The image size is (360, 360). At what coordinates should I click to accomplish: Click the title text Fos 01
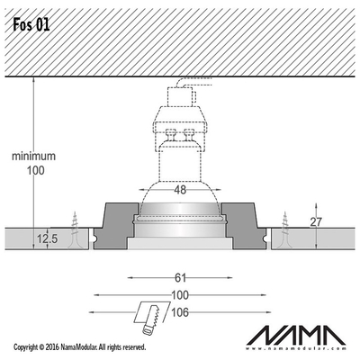[31, 25]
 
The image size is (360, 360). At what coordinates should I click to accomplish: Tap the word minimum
[33, 156]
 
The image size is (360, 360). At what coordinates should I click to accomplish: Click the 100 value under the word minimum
[36, 170]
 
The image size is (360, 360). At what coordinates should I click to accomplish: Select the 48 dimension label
[180, 190]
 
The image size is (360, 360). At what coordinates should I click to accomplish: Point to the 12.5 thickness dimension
[48, 239]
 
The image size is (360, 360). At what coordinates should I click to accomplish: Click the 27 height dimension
[316, 222]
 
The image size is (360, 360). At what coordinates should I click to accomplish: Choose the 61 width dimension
[180, 278]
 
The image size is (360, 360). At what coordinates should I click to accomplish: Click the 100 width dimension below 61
[180, 295]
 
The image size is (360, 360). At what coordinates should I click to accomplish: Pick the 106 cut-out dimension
[180, 312]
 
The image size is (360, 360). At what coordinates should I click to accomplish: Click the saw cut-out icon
[151, 318]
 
